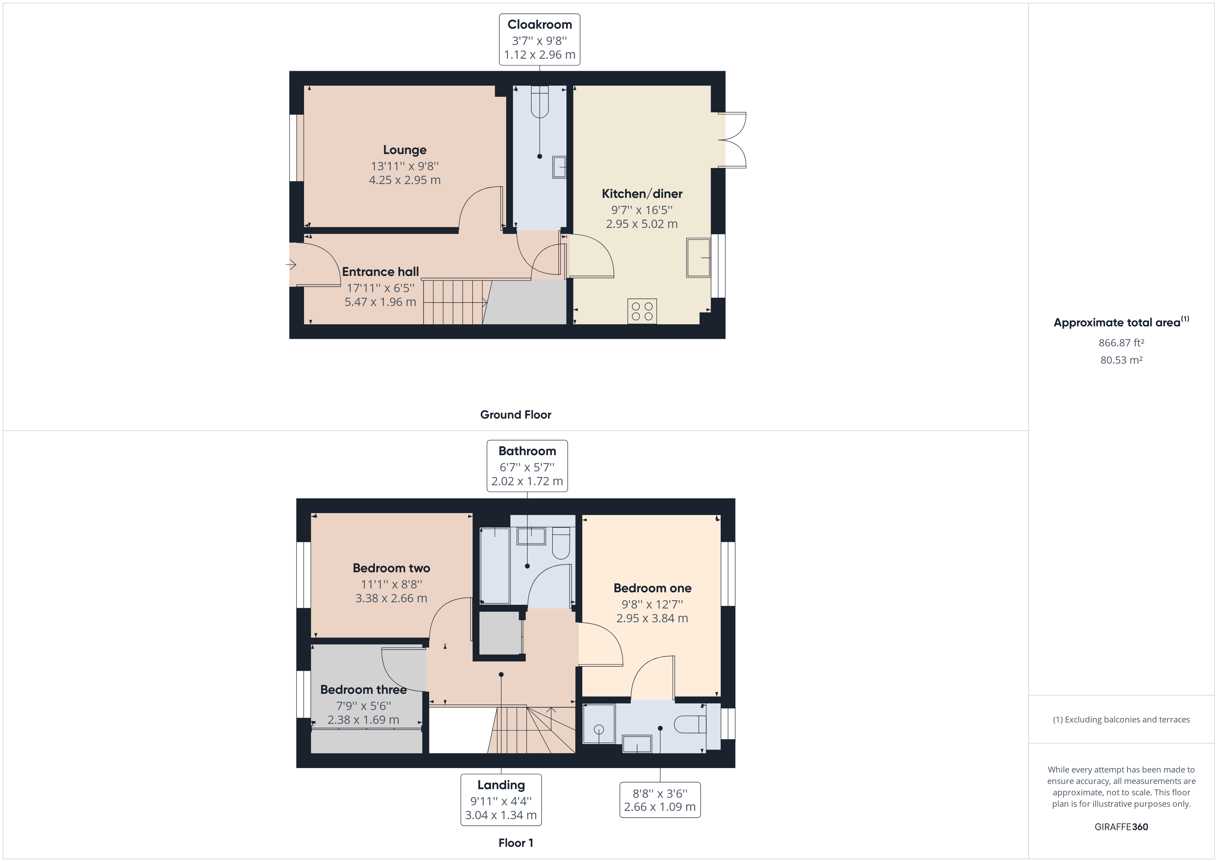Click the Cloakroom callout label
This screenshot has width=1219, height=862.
539,40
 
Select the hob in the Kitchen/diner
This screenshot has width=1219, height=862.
642,311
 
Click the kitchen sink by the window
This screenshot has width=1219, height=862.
698,258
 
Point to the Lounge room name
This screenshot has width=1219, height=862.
405,150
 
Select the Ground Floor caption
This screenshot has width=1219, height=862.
516,414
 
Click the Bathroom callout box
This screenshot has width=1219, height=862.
527,466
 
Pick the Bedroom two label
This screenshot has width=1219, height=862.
391,568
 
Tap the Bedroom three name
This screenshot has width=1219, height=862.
363,689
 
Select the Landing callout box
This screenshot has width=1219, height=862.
501,799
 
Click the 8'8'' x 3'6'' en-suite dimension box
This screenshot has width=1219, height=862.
660,800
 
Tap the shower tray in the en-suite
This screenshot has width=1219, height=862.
599,724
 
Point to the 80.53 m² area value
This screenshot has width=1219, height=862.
1121,360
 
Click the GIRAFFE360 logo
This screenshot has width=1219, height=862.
1121,826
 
